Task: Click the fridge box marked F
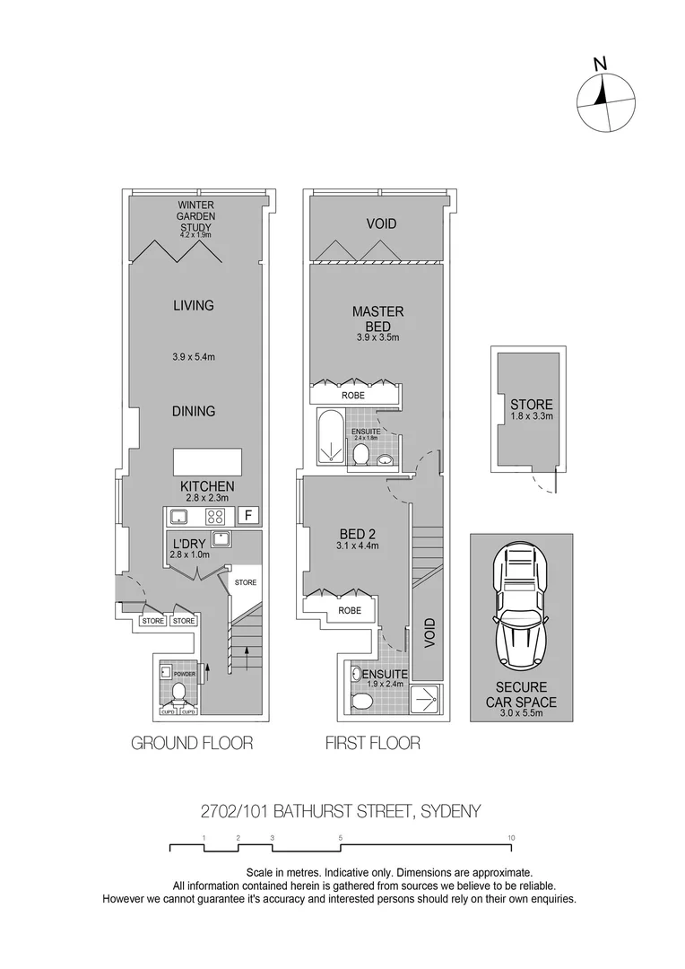click(248, 516)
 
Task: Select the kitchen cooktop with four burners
click(215, 516)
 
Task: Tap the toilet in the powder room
click(179, 692)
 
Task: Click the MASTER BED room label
click(377, 319)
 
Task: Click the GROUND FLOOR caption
click(192, 743)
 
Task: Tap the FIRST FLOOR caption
click(372, 743)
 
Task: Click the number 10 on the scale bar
click(511, 838)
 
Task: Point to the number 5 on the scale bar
click(341, 838)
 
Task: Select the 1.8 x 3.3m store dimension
click(532, 416)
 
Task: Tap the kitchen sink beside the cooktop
click(178, 516)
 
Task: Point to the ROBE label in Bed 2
click(350, 610)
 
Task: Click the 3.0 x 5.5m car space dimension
click(520, 715)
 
